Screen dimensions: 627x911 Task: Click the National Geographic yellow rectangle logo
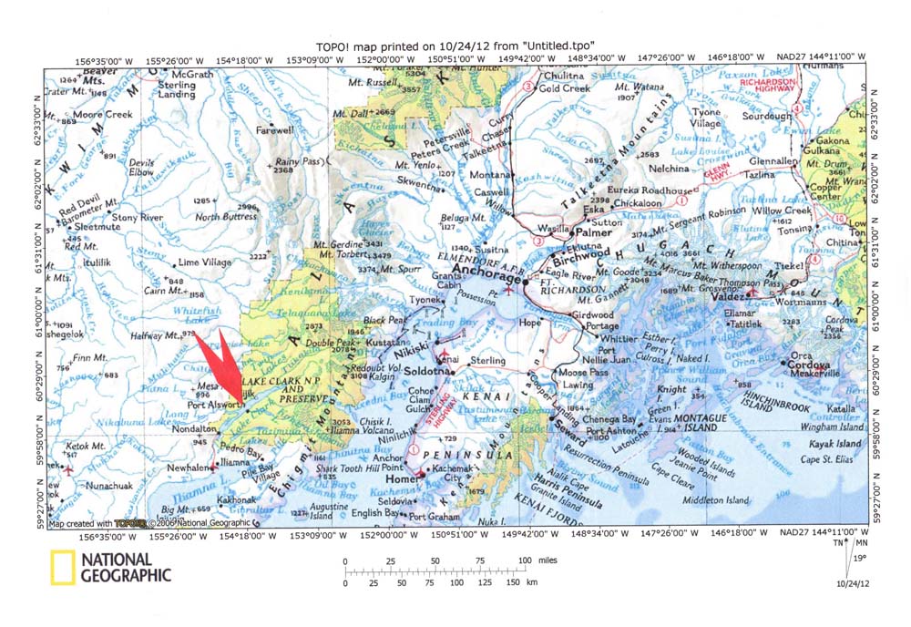coord(62,568)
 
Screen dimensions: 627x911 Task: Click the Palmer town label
coord(592,232)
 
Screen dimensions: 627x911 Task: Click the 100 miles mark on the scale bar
coord(524,560)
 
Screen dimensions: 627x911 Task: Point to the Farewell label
coord(275,130)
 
